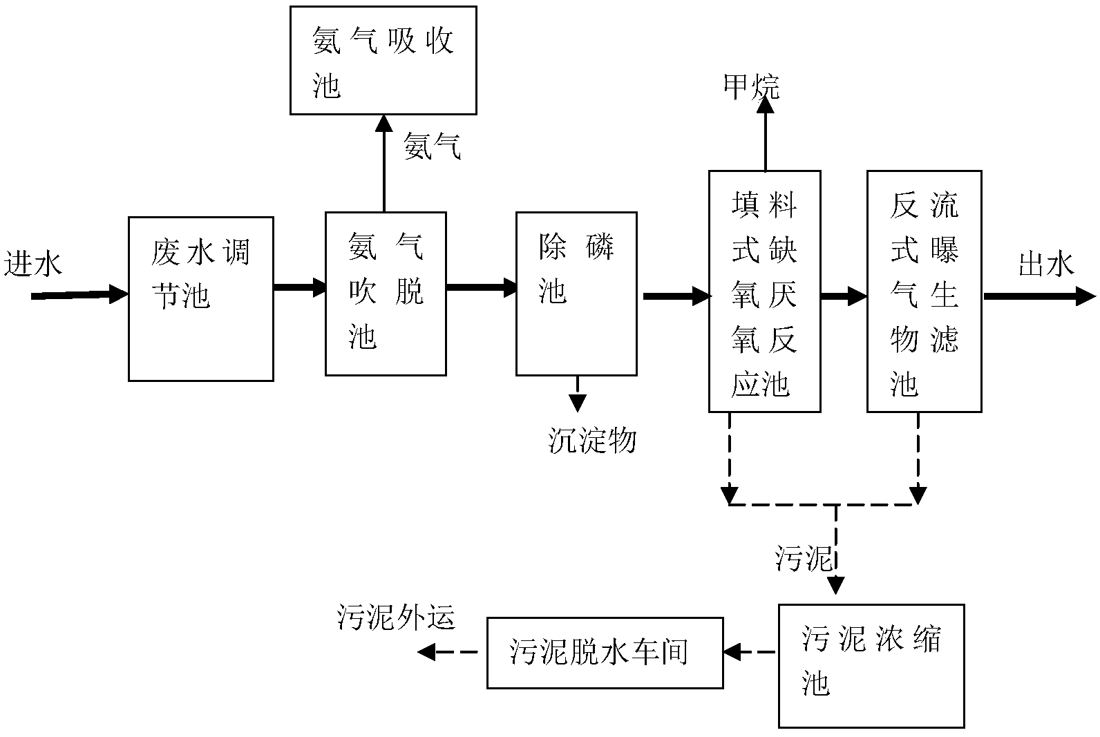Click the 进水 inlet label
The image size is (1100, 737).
point(32,265)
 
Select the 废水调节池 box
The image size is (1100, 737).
point(200,298)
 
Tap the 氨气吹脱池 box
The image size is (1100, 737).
point(386,294)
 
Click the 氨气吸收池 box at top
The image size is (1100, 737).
point(383,60)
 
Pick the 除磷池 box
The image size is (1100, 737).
point(576,294)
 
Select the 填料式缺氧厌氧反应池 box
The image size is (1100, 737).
point(764,291)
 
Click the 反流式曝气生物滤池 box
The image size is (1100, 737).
point(924,291)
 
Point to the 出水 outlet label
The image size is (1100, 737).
point(1046,265)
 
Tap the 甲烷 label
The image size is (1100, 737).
point(750,87)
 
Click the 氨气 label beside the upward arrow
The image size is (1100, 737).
point(432,147)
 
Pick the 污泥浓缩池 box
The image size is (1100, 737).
point(871,665)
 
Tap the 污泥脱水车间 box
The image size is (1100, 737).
point(605,653)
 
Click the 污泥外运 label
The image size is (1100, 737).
point(397,617)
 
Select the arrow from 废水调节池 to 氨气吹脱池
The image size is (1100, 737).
point(299,287)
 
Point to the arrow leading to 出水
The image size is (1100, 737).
point(1039,297)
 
